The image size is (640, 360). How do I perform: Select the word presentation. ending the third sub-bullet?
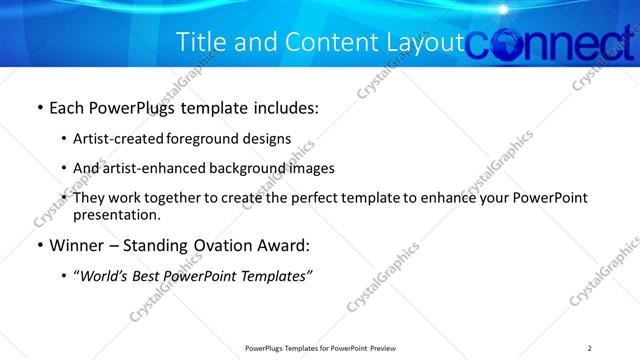[x=116, y=214]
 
